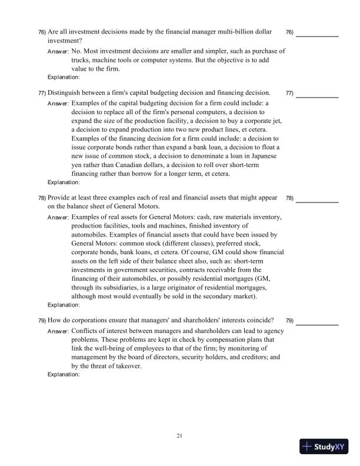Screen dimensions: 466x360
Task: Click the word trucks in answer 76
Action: tap(80, 60)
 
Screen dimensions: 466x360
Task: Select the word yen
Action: tap(76, 165)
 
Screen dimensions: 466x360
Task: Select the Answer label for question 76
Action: tap(58, 52)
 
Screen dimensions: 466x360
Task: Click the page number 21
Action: tap(180, 435)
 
